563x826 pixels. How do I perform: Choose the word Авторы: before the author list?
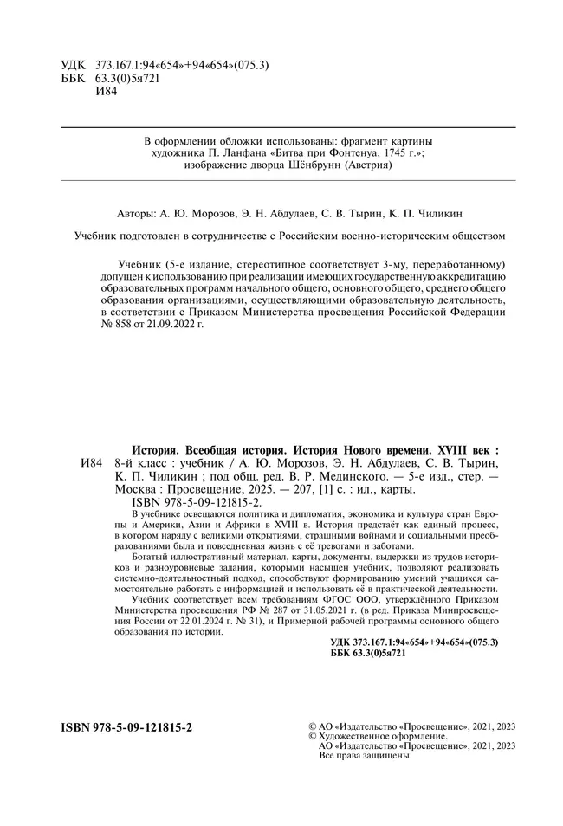tap(136, 211)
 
